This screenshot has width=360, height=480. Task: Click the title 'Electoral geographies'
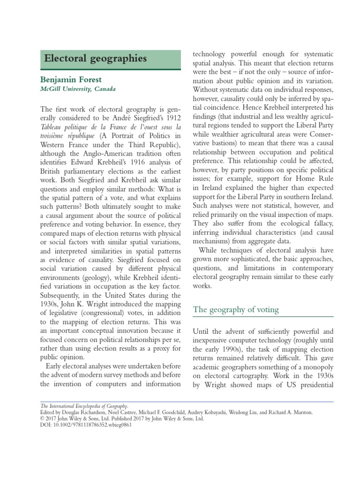[95, 59]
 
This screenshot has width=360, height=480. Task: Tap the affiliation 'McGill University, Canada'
[78, 89]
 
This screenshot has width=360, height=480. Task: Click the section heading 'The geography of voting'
[236, 309]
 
